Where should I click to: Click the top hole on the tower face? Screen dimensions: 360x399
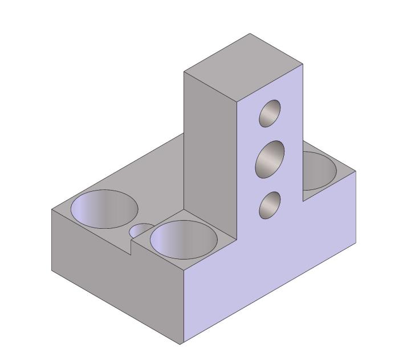pos(270,113)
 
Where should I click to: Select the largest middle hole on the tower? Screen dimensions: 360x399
pos(270,157)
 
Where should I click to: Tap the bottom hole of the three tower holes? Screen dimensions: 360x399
pos(270,205)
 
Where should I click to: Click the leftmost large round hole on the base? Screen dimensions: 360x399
pos(104,208)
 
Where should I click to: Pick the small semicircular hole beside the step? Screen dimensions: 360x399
pos(140,230)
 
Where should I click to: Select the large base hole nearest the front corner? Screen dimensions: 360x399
pos(183,238)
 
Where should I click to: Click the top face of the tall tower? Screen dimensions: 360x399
pos(243,68)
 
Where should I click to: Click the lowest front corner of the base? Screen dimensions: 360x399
pos(181,345)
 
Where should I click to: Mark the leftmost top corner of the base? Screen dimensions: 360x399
pos(52,209)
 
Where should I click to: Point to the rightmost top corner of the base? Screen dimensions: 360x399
pos(356,171)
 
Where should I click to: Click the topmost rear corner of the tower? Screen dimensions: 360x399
pos(250,34)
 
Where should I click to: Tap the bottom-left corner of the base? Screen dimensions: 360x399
pos(52,271)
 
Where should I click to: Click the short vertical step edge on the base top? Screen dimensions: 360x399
pos(132,247)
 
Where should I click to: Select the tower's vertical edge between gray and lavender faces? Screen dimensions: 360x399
pos(237,171)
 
